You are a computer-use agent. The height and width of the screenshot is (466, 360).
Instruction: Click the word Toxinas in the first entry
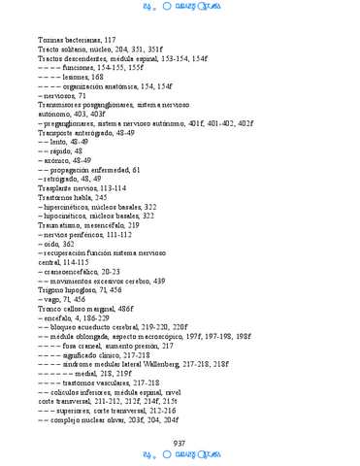51,40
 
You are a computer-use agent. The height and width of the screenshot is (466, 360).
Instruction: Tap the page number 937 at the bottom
180,443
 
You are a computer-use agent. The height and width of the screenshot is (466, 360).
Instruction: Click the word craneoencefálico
71,272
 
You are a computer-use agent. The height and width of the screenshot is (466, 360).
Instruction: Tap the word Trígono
52,290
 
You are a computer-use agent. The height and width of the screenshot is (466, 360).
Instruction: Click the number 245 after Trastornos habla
101,197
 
